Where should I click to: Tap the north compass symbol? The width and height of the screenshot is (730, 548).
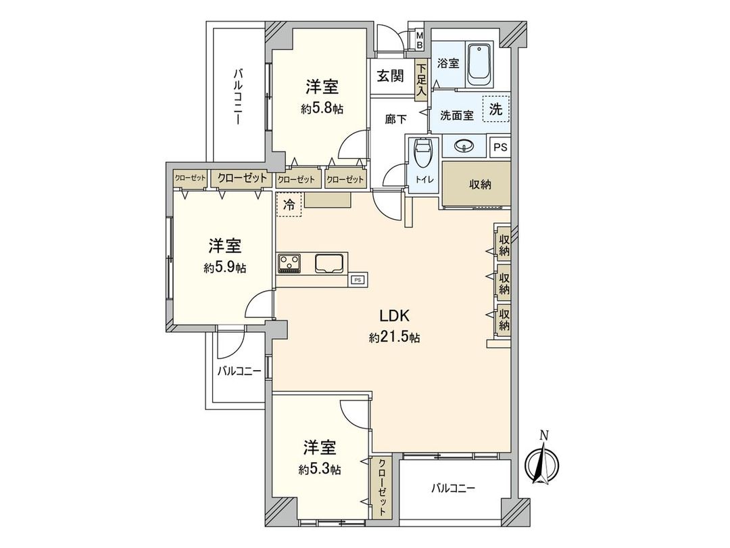coord(543,463)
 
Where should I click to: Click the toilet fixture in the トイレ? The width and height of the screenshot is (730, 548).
coord(422,154)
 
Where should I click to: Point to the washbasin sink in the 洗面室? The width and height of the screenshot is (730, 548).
coord(464,145)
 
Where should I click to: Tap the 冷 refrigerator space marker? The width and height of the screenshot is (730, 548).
coord(289,205)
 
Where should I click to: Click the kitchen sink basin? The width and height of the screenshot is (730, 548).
coord(331,262)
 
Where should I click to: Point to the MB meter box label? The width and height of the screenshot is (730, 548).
coord(419,40)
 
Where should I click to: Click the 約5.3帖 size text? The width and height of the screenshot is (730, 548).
coord(320,469)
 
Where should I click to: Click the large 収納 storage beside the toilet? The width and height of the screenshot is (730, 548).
coord(476,184)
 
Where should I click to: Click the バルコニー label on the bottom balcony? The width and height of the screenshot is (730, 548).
coord(454,488)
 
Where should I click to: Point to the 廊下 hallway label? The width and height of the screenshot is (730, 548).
coord(395,119)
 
